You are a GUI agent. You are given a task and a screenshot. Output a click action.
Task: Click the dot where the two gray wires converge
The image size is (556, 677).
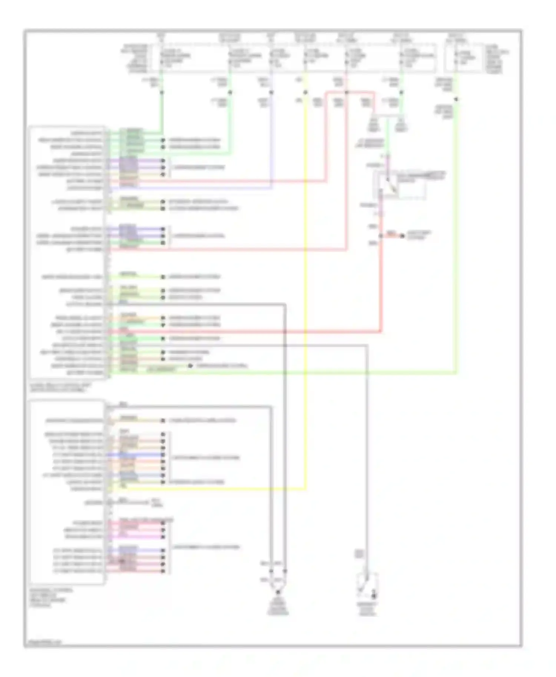(278, 591)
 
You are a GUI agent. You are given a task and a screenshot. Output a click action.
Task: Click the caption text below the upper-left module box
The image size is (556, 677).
(60, 387)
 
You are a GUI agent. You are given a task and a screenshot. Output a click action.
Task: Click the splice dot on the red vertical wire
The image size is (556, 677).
(381, 236)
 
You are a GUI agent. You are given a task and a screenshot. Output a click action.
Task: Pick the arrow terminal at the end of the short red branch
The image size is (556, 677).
(402, 236)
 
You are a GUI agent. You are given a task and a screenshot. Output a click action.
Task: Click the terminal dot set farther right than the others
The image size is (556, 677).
(190, 366)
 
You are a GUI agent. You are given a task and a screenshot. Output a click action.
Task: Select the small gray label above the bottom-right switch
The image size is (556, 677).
(359, 554)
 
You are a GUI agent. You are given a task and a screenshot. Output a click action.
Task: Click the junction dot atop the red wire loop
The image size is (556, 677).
(347, 92)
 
